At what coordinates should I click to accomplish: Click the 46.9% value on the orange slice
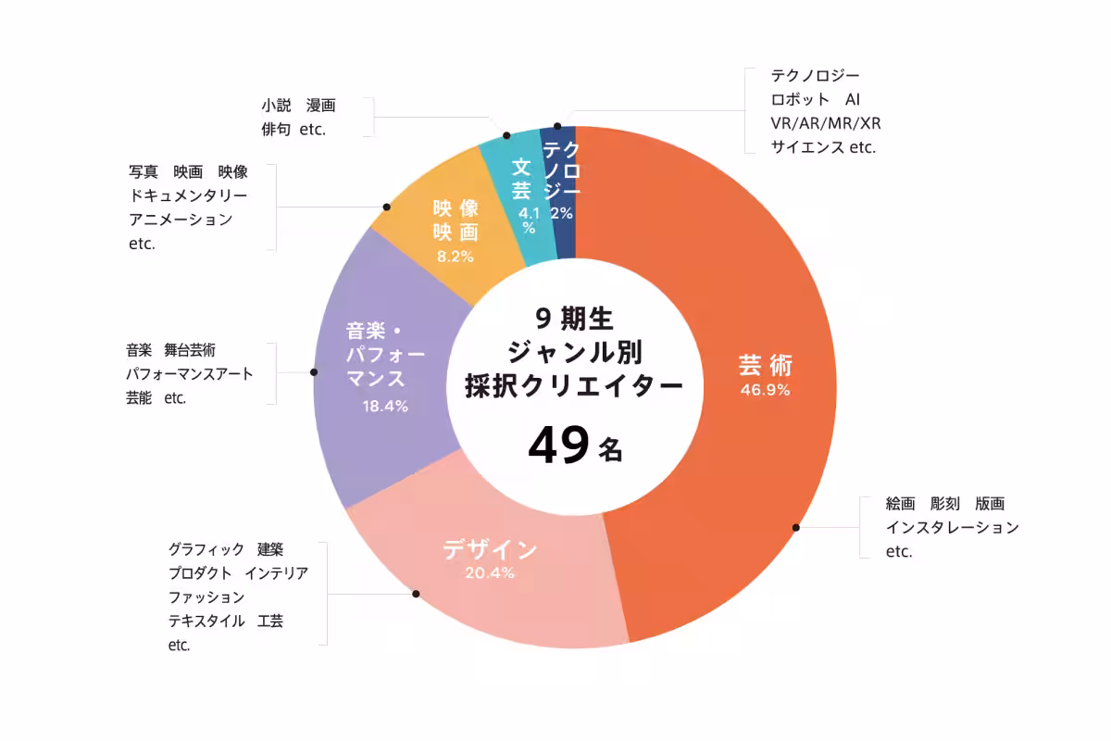coord(765,390)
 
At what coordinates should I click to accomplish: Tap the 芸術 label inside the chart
coord(765,364)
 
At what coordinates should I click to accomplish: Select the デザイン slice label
coord(490,549)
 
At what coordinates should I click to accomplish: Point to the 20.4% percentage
coord(490,573)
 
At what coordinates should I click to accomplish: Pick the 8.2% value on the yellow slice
coord(455,257)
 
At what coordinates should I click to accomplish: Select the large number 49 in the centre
coord(558,446)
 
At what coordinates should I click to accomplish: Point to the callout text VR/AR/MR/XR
coord(825,123)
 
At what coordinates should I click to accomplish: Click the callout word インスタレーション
coord(952,527)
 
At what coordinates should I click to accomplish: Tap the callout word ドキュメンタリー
coord(188,196)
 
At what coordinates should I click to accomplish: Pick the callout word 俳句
coord(277,130)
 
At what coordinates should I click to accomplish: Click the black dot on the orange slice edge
coord(795,527)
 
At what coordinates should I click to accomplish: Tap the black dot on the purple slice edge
coord(314,372)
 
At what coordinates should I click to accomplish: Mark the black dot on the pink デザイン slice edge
coord(416,594)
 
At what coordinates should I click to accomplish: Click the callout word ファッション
coord(206,597)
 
